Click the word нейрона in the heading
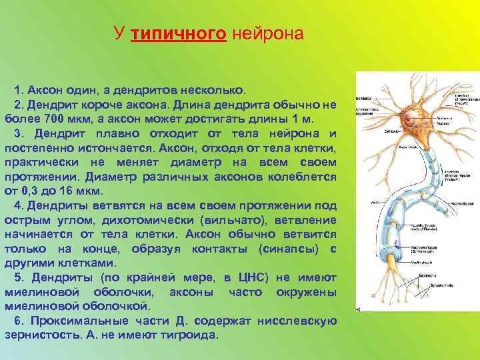[267, 33]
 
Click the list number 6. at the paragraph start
[17, 321]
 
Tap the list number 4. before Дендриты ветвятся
[17, 205]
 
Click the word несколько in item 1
[217, 89]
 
